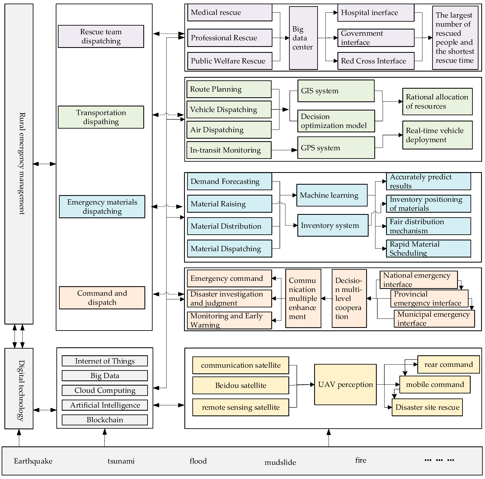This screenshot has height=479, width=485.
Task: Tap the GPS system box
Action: (336, 148)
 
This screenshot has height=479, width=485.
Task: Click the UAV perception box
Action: (345, 384)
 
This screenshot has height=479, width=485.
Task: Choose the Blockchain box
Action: (105, 420)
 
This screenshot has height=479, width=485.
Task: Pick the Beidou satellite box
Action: (240, 385)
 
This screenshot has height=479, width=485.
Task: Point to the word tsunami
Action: (121, 461)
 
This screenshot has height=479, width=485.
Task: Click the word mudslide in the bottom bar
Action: (280, 462)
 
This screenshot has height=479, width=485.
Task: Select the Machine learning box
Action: (332, 195)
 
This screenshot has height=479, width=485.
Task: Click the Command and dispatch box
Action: (102, 298)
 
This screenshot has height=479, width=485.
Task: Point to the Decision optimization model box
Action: (336, 121)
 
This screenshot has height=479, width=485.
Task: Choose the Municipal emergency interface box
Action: (434, 319)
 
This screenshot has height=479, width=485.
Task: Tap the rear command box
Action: (448, 364)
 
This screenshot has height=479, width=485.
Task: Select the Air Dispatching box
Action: (229, 130)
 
